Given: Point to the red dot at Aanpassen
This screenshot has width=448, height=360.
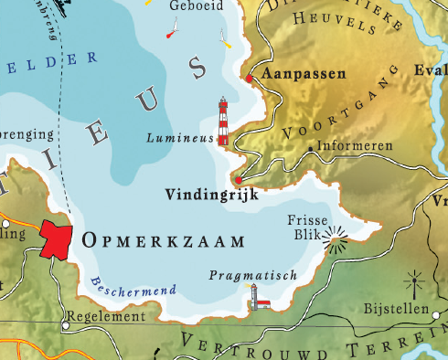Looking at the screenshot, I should tap(249, 79).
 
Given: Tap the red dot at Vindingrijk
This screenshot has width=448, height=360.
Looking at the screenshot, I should tap(238, 180).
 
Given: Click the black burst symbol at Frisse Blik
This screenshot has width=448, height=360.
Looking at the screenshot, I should tap(338, 241).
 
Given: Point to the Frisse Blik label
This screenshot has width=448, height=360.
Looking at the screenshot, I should tap(304, 228).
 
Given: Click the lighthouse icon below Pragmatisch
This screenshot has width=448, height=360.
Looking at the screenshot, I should tap(258, 298).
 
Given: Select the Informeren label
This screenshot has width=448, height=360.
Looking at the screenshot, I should tap(356, 146).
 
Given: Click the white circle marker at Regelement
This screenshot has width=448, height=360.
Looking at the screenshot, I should tap(65, 323).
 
